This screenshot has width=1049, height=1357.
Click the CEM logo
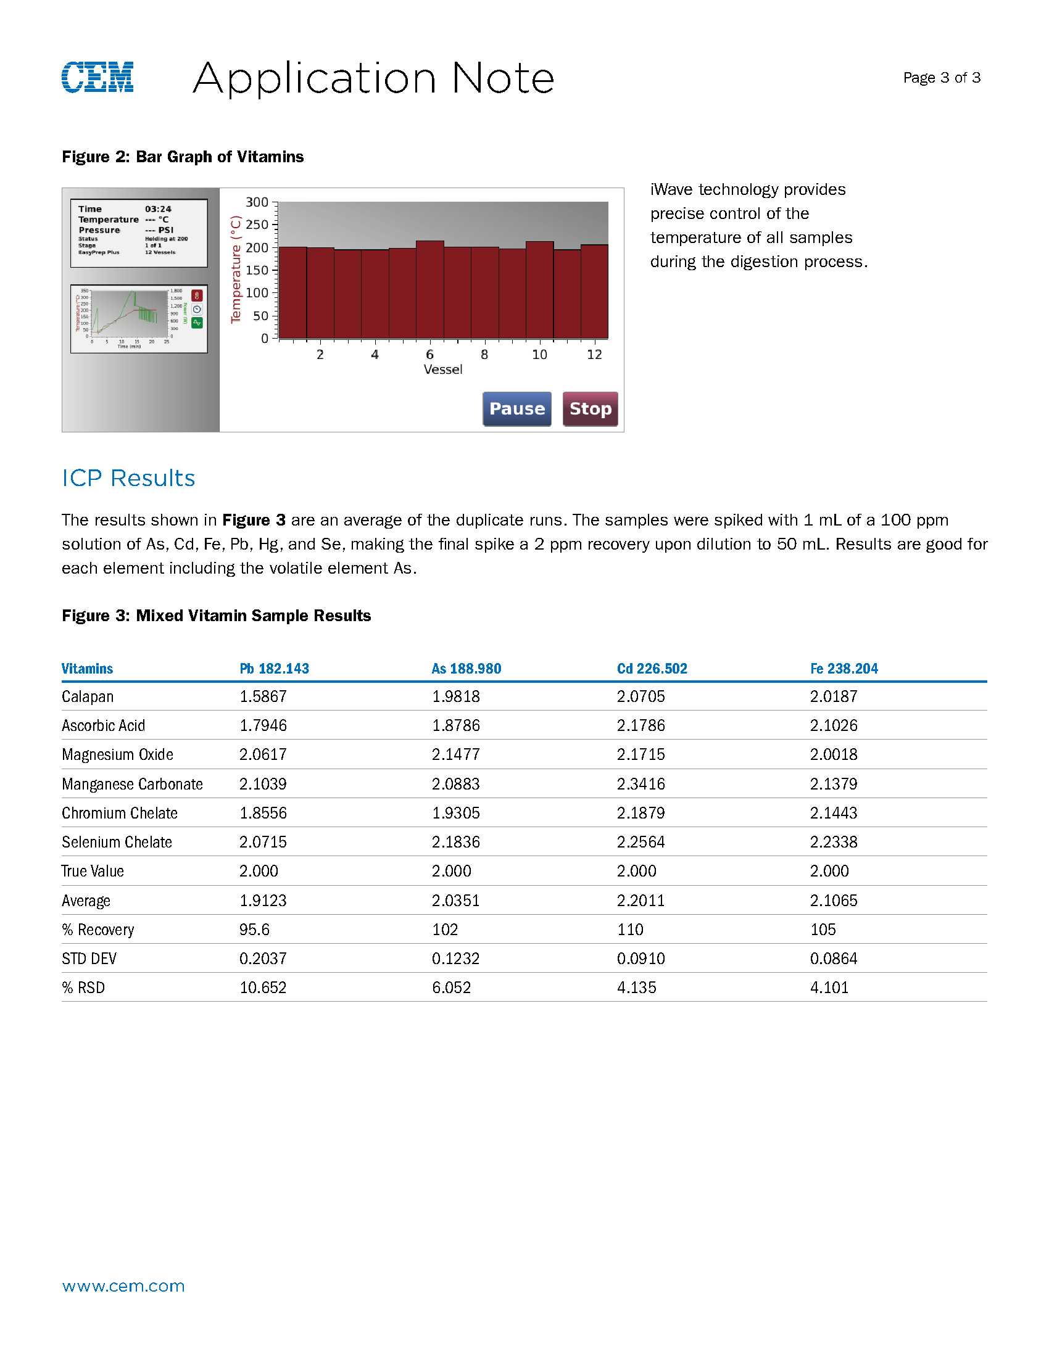[x=97, y=78]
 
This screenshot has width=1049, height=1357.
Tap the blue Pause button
[x=516, y=409]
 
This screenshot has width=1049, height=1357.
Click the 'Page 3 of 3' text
[x=942, y=78]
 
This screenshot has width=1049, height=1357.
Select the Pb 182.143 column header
[x=274, y=669]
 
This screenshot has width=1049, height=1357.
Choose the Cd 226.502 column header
[x=652, y=669]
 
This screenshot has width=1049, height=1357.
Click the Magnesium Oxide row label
[x=117, y=754]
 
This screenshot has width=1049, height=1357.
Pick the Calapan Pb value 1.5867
[x=263, y=696]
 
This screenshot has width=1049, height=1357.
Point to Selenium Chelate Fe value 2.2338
[x=834, y=842]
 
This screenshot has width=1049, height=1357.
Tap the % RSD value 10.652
[x=263, y=988]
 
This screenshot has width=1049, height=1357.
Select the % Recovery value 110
[x=630, y=930]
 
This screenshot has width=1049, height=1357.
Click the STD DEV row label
[x=89, y=959]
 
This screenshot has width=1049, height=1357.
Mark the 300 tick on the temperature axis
[x=257, y=202]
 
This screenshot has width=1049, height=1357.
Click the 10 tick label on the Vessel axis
[x=539, y=355]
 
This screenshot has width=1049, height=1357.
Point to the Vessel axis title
[x=443, y=369]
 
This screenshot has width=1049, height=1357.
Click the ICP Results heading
[x=128, y=479]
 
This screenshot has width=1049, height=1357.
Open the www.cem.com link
[x=123, y=1286]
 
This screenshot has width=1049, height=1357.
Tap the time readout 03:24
[x=159, y=209]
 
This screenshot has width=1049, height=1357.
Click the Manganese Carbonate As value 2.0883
[x=455, y=784]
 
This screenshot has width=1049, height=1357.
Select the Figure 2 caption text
[x=183, y=157]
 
